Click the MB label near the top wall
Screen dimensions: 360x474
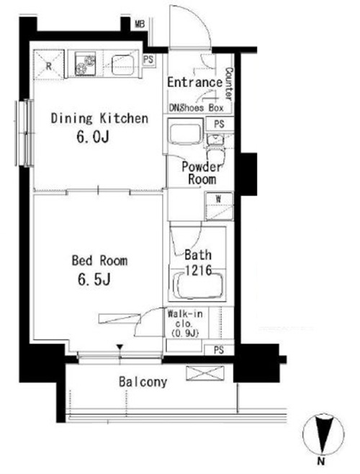point(140,24)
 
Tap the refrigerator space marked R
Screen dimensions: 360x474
point(49,66)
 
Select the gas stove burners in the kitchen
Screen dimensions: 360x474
point(85,63)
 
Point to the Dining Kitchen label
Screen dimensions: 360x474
point(99,118)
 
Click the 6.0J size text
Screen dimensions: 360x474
point(92,137)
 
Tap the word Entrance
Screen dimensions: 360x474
point(195,82)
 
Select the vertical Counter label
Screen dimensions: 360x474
point(229,84)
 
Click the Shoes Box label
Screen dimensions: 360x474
point(201,107)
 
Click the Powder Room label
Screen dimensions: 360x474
point(202,173)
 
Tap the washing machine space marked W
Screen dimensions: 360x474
point(219,206)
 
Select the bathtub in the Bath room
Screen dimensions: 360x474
point(198,286)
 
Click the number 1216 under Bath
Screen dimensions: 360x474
point(198,270)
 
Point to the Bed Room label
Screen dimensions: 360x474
point(99,260)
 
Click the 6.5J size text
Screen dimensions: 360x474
point(94,279)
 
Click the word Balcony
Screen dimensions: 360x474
point(143,382)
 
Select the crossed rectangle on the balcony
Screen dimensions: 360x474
point(205,372)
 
